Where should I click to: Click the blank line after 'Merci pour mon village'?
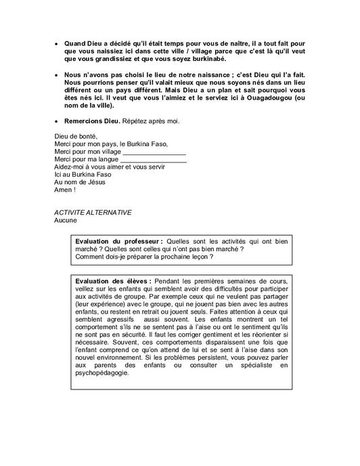[x=149, y=152]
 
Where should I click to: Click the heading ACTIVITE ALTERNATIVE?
[x=93, y=212]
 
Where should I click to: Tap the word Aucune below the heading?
[x=66, y=220]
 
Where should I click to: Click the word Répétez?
[x=137, y=121]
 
